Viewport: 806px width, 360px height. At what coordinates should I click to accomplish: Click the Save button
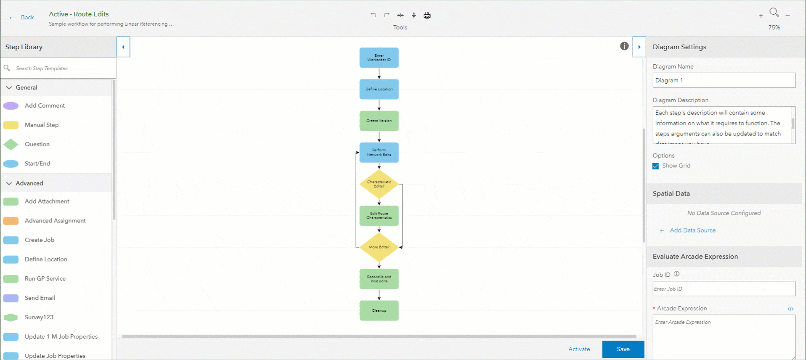(623, 349)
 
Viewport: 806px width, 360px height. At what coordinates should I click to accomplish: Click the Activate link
(579, 349)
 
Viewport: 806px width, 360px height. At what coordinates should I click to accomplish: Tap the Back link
(27, 17)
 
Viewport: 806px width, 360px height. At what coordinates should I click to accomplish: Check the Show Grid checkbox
(656, 166)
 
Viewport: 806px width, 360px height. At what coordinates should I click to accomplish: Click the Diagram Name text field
(724, 80)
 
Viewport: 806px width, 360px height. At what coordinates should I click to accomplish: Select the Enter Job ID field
(724, 289)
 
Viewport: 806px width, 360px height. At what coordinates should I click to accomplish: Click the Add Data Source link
(692, 230)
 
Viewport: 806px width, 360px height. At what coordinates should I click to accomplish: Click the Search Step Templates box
(59, 68)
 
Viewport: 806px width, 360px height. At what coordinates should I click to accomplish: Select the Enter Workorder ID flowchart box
(379, 58)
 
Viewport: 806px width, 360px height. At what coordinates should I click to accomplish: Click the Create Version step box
(379, 121)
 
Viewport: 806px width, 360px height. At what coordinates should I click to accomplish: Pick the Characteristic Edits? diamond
(379, 184)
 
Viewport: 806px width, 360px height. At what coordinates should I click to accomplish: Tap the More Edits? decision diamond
(379, 247)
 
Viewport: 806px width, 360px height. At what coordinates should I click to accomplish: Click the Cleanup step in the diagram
(379, 310)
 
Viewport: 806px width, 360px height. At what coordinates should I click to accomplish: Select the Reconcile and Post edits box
(379, 279)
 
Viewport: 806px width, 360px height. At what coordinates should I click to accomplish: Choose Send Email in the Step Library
(40, 298)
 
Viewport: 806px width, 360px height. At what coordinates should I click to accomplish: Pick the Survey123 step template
(39, 317)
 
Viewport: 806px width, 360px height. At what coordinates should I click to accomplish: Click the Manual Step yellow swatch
(11, 125)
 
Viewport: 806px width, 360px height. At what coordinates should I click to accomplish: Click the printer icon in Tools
(427, 15)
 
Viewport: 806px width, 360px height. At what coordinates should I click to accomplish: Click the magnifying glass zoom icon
(774, 12)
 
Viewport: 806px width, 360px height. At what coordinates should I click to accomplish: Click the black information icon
(624, 46)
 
